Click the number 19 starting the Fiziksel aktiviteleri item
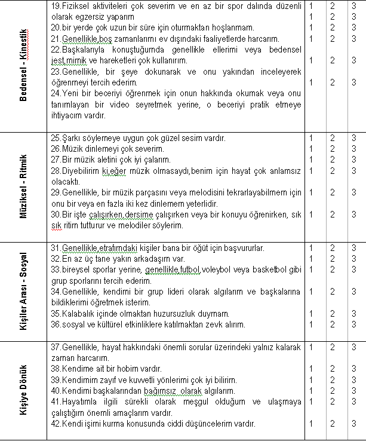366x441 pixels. tap(56, 5)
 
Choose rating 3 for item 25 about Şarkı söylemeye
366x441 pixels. tap(354, 138)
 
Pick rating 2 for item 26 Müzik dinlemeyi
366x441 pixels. tap(333, 149)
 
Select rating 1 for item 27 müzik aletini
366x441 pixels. tap(312, 160)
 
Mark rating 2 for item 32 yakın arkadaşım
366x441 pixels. tap(333, 259)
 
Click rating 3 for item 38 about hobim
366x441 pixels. tap(354, 369)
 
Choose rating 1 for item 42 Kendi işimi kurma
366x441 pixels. tap(312, 424)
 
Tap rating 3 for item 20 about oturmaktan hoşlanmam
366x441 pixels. tap(354, 27)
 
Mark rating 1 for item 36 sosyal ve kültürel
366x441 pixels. tap(312, 324)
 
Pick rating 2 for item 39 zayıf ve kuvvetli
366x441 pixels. tap(333, 379)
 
